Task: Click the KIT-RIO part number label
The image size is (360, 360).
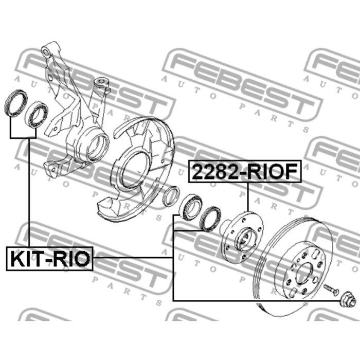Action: coord(49,259)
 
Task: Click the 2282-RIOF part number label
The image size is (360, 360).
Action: coord(245,171)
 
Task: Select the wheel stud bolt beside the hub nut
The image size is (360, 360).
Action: coord(331,289)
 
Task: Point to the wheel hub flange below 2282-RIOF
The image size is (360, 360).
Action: coord(243,238)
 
